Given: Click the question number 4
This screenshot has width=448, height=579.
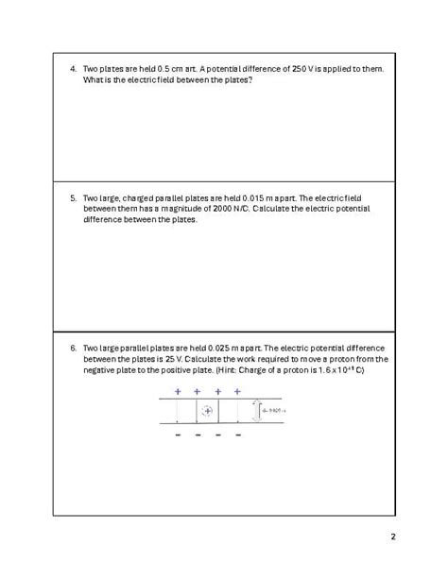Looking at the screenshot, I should pyautogui.click(x=73, y=70).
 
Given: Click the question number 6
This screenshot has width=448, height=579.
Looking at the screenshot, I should pyautogui.click(x=73, y=348).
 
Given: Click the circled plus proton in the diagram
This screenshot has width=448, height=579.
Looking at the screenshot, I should pyautogui.click(x=208, y=411).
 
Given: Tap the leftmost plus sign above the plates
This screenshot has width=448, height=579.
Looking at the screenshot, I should pyautogui.click(x=177, y=391).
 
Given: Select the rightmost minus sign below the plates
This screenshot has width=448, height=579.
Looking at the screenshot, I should pyautogui.click(x=238, y=435).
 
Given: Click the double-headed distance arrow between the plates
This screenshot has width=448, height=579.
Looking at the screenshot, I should pyautogui.click(x=256, y=411).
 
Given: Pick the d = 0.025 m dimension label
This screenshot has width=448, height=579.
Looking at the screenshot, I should pyautogui.click(x=272, y=411).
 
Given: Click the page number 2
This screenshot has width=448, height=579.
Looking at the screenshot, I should pyautogui.click(x=393, y=538).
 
